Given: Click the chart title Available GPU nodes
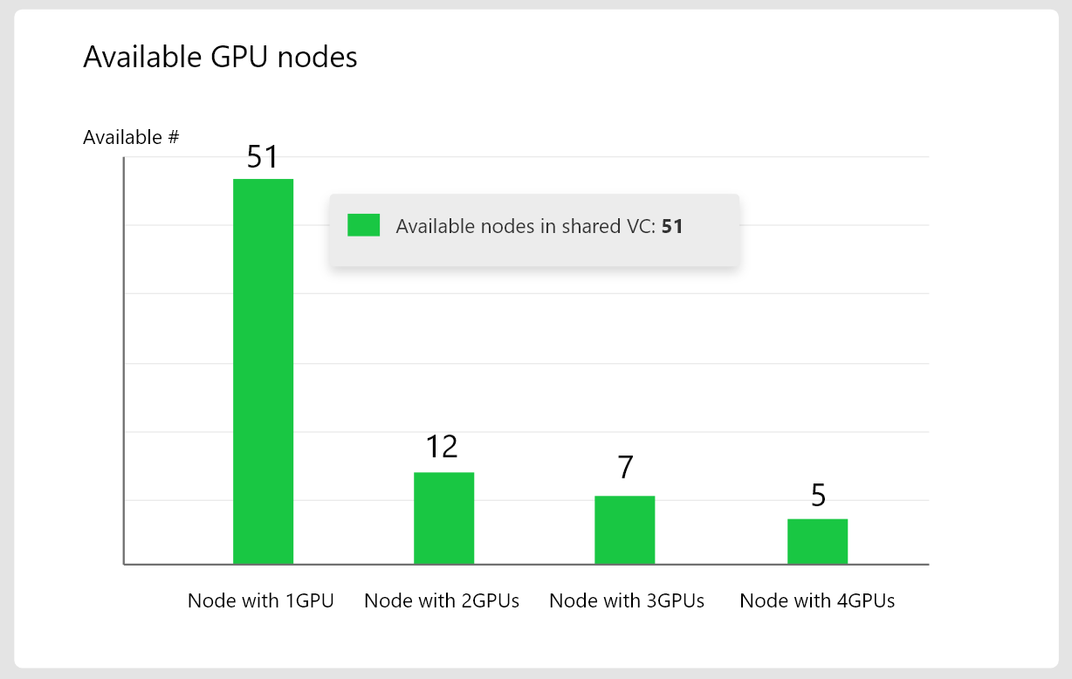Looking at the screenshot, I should [220, 57].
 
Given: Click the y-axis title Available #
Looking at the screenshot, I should [131, 137].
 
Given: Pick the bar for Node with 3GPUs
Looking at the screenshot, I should [625, 530].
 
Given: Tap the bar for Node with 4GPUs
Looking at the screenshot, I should [817, 541].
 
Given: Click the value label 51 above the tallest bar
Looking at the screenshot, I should [262, 157].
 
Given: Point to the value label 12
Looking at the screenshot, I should [442, 447].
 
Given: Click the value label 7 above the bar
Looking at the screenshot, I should [625, 469].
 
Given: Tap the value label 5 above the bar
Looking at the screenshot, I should [818, 496].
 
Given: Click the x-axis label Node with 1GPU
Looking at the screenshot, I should [261, 600].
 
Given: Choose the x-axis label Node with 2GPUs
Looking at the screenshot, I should [442, 600].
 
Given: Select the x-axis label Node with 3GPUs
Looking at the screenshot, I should [627, 600].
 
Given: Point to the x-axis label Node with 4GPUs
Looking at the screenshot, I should [817, 600].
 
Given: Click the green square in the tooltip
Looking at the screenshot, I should [363, 225].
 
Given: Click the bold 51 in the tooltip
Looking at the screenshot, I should [672, 227].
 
